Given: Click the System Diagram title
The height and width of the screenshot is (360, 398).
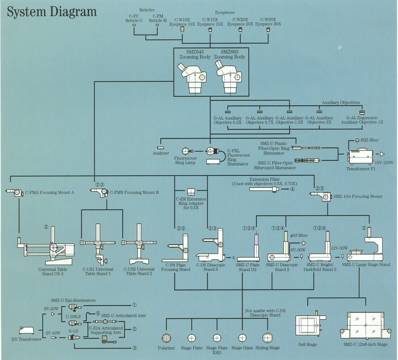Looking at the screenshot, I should (x=52, y=12).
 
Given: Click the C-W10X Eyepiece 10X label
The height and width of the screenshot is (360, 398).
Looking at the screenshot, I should (x=185, y=22).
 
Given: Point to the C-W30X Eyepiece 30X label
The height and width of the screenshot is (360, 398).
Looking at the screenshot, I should (x=268, y=22).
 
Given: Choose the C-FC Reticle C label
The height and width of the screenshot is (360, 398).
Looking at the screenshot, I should (x=134, y=18).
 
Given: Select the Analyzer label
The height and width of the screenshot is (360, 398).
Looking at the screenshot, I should (x=160, y=153).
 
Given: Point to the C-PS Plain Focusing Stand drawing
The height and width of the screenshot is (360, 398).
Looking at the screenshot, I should (x=179, y=250).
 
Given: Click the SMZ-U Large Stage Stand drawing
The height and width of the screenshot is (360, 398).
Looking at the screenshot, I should (x=366, y=248).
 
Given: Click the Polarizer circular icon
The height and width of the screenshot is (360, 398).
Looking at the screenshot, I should (x=166, y=338).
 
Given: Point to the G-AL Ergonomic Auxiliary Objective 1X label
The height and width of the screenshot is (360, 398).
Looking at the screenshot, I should (x=362, y=120).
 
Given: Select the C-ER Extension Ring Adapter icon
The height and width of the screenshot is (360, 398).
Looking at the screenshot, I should (x=191, y=191).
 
